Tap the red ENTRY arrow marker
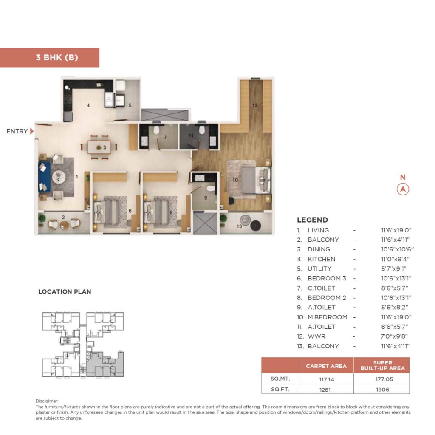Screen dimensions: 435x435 point(32,131)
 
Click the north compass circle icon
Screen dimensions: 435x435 point(403,189)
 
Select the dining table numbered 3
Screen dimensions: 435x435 point(99,147)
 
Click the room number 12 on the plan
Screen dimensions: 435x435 point(255,106)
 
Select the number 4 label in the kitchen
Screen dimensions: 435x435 point(88,105)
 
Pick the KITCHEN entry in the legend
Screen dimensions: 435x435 point(321,259)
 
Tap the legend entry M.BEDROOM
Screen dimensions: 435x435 point(327,317)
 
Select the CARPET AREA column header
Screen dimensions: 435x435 point(326,366)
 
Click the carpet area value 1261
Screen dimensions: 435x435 point(326,389)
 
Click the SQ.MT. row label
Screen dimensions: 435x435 point(280,379)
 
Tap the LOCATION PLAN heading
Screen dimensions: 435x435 point(65,292)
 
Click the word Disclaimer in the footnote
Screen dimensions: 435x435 point(47,401)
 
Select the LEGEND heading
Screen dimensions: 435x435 point(312,220)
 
